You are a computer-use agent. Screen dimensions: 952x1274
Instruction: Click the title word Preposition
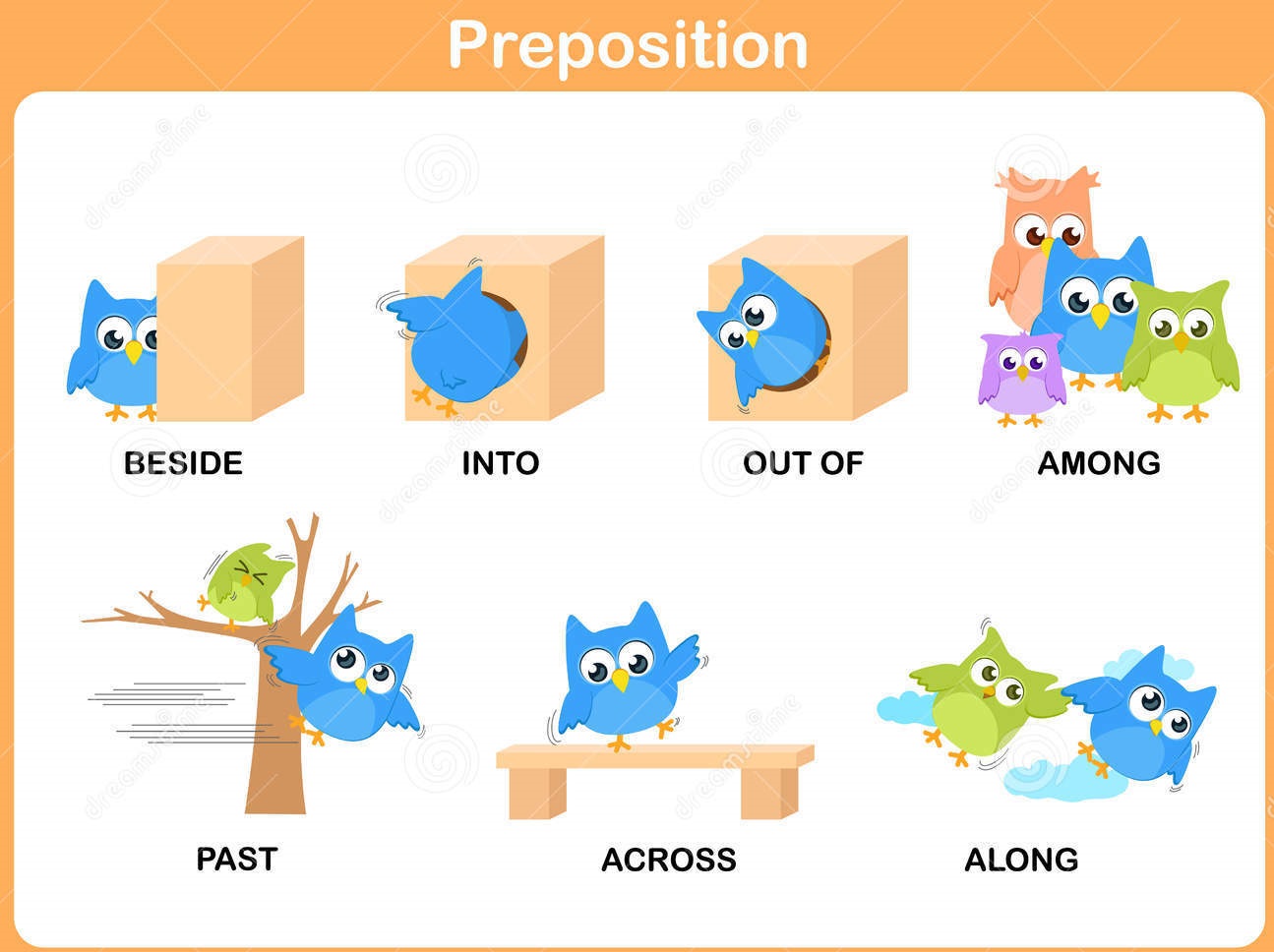(628, 44)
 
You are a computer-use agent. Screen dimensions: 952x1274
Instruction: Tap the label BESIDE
(183, 463)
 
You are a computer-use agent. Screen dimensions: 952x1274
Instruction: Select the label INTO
(501, 463)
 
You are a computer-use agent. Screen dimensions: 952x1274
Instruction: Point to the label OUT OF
(803, 463)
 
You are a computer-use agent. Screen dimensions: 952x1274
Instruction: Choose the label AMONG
(1099, 463)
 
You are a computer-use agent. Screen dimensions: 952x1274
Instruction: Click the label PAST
(236, 859)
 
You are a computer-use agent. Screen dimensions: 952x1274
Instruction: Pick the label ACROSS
(668, 860)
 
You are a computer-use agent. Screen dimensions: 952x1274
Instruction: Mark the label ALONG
(1021, 860)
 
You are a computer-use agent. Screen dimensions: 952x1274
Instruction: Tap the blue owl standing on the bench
(625, 679)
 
